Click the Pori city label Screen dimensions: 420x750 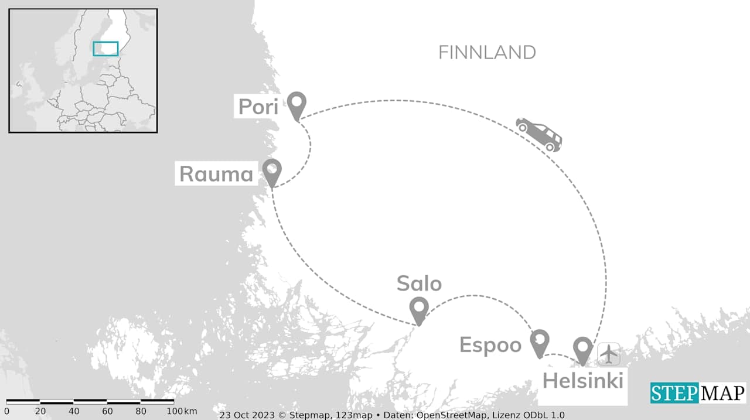click(x=258, y=107)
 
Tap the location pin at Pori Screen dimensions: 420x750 click(x=297, y=104)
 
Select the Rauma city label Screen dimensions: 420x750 click(x=216, y=174)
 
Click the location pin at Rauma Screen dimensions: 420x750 click(x=272, y=170)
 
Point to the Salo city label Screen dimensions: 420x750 click(x=419, y=284)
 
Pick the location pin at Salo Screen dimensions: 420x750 click(x=419, y=308)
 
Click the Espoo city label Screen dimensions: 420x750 click(x=490, y=345)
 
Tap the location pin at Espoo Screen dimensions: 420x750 click(x=539, y=341)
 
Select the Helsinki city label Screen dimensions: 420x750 click(x=582, y=381)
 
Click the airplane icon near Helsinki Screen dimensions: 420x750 click(x=609, y=354)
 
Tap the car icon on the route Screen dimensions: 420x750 click(x=539, y=134)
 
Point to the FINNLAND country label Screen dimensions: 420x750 click(x=487, y=53)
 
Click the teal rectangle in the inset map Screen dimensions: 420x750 click(x=105, y=49)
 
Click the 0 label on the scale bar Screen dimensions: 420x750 click(x=7, y=411)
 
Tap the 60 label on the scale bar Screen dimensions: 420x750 click(x=107, y=411)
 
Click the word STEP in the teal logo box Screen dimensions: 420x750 click(x=674, y=393)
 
